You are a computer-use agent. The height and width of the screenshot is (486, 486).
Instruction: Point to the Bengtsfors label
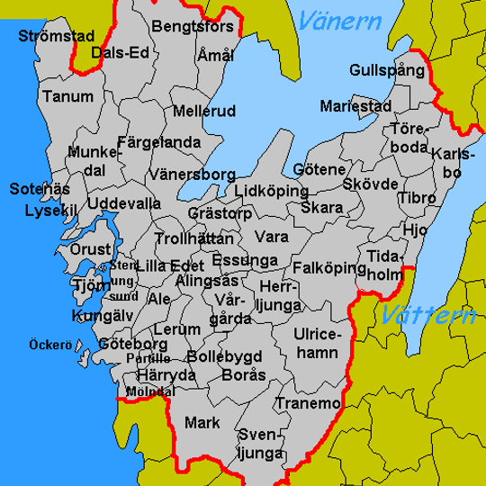[193, 27]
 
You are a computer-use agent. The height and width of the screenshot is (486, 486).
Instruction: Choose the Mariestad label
[355, 107]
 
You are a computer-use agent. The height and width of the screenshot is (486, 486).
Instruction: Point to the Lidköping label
[271, 191]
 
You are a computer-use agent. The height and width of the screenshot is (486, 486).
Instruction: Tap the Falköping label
[323, 268]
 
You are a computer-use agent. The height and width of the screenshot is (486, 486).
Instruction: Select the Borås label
[243, 373]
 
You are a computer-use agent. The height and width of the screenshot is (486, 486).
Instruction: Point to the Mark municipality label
[202, 421]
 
